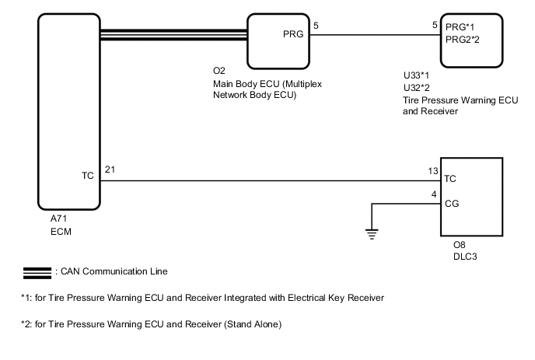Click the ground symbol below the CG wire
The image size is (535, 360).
[x=372, y=232]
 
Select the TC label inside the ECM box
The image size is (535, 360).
[x=87, y=176]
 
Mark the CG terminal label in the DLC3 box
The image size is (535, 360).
[x=451, y=204]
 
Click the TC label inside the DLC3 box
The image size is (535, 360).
[x=450, y=178]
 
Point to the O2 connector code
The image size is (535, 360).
[x=219, y=71]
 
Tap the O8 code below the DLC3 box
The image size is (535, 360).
[x=459, y=245]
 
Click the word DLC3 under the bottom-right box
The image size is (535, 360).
[x=464, y=256]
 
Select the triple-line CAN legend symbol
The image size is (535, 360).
[x=36, y=272]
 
